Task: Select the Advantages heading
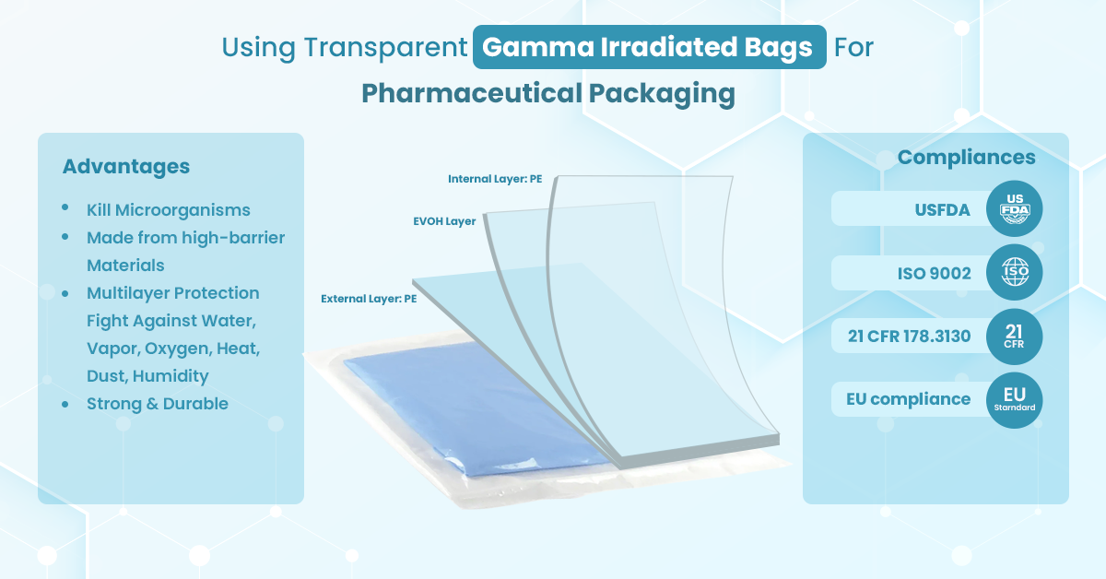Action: tap(126, 167)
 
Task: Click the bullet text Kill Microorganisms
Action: tap(169, 210)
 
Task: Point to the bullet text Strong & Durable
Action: tap(158, 404)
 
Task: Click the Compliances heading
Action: tap(966, 158)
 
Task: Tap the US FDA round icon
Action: tap(1014, 209)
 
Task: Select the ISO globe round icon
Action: tap(1014, 273)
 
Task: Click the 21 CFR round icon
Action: tap(1014, 337)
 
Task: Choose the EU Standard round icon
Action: tap(1014, 400)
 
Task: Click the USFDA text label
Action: tap(941, 210)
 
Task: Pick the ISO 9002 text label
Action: tap(934, 273)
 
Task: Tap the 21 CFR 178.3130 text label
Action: tap(909, 337)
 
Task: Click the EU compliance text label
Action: tap(908, 399)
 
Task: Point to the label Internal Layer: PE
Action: tap(495, 179)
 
